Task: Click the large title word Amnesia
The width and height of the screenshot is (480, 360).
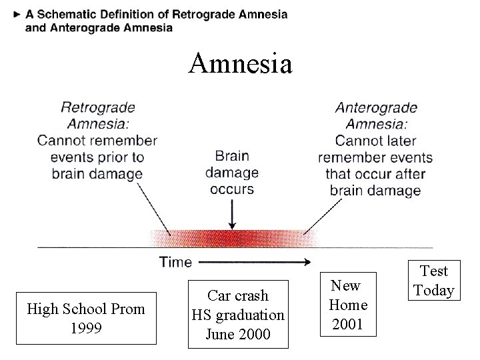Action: click(x=240, y=64)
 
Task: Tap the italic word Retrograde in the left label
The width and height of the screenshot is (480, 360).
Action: click(x=98, y=107)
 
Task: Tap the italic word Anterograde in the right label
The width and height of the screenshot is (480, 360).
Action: click(x=376, y=107)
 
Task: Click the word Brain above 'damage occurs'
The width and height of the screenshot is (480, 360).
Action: click(x=231, y=156)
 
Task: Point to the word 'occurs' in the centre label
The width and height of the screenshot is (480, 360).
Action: click(x=231, y=189)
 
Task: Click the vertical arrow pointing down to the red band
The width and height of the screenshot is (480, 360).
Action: click(x=231, y=213)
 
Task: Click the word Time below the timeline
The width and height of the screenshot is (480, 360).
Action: click(x=175, y=262)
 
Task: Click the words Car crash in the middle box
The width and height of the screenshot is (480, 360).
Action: click(x=237, y=295)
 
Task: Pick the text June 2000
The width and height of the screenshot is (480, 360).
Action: click(x=237, y=333)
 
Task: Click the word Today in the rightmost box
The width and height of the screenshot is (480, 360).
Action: click(x=434, y=291)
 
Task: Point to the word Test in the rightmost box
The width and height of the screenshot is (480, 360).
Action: click(x=434, y=271)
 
